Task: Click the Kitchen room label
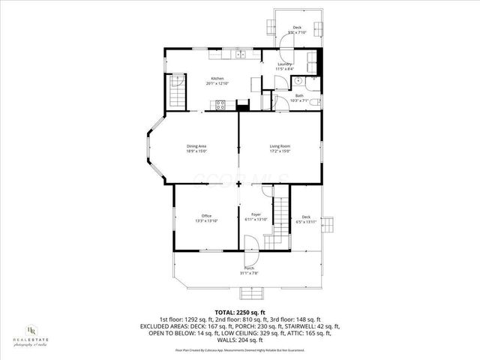[217, 79]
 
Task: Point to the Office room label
[206, 216]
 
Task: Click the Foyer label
[256, 216]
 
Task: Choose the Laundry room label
[284, 64]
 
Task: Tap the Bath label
[298, 95]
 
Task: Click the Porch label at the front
[249, 268]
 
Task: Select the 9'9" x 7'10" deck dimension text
[296, 33]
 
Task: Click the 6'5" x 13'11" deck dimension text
[306, 221]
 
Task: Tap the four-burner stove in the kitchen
[221, 105]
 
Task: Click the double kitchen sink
[241, 54]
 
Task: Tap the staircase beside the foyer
[280, 214]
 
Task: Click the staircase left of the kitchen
[176, 90]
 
